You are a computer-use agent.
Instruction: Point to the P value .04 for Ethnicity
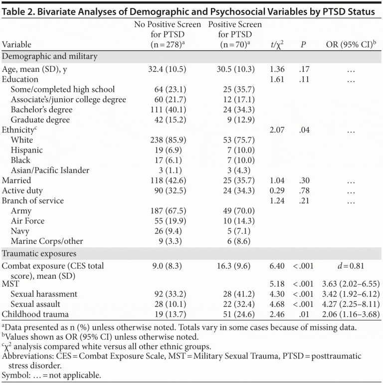[x=303, y=130]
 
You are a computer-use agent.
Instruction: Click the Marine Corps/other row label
[x=47, y=241]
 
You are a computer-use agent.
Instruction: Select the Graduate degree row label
[x=40, y=120]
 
